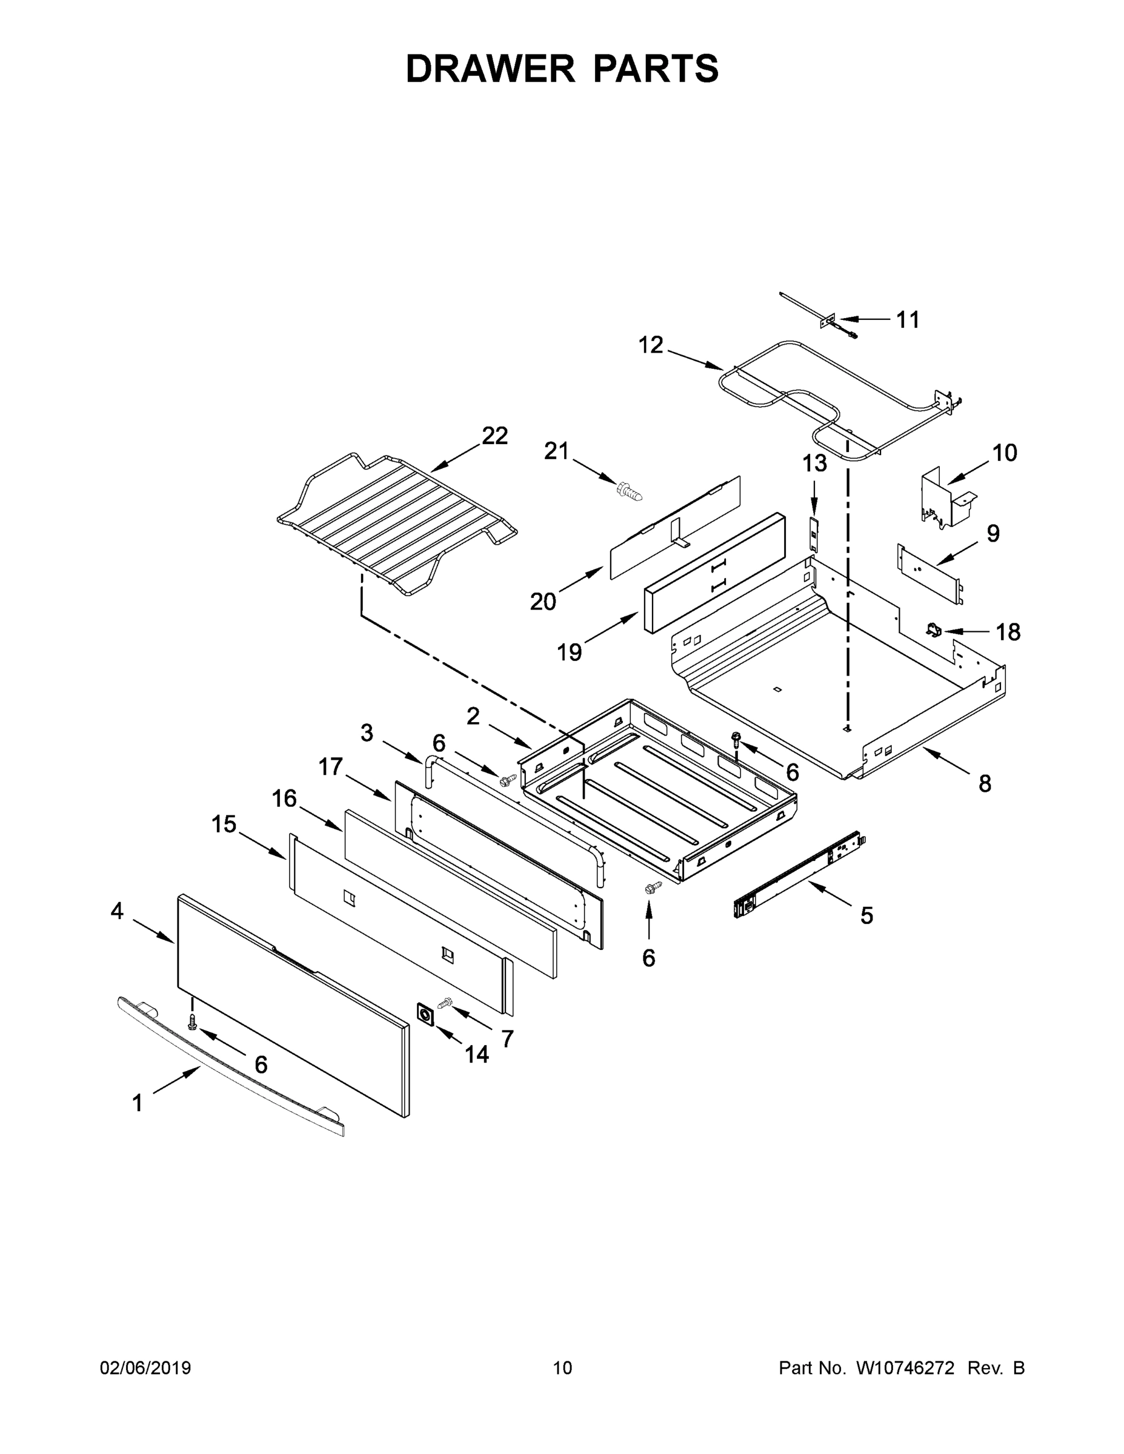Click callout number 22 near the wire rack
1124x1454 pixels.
[495, 436]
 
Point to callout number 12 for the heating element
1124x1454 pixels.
[651, 345]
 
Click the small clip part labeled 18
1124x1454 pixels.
[934, 628]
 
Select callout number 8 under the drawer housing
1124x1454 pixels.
[984, 783]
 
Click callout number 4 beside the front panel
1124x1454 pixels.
[117, 911]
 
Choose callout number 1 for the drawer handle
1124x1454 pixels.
[137, 1103]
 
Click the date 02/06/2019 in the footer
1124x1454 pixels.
[145, 1368]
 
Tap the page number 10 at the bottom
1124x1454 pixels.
[562, 1368]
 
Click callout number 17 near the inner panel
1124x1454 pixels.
[330, 767]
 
